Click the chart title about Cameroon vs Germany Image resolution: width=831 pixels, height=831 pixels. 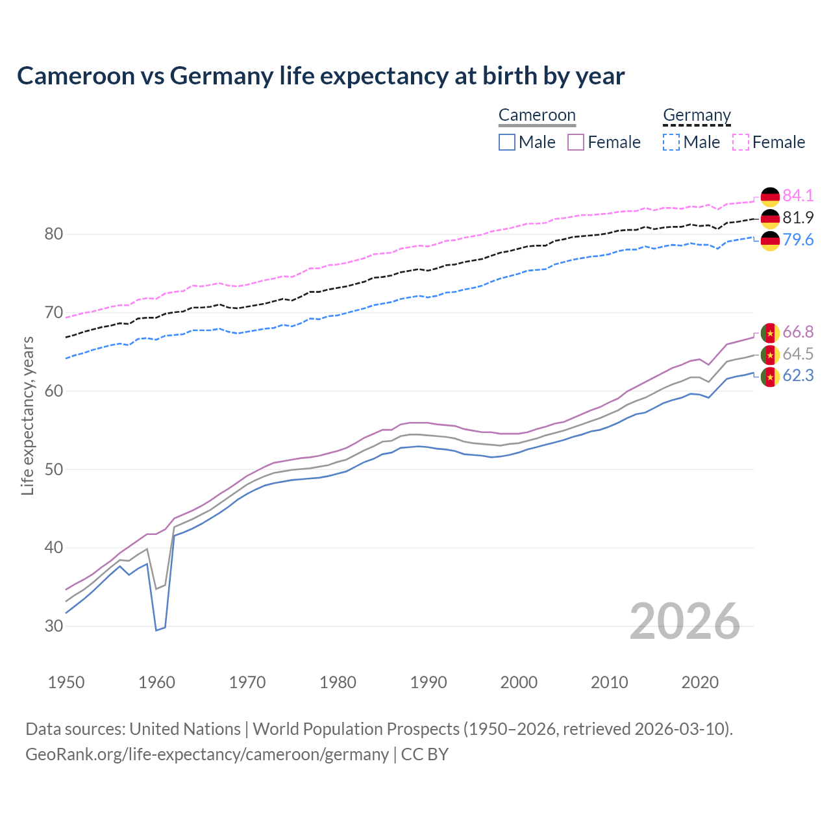tap(321, 76)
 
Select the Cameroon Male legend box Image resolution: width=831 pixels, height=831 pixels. tap(507, 142)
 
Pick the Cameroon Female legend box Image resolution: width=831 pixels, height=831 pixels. tap(576, 142)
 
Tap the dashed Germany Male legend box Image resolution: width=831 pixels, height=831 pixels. tap(671, 142)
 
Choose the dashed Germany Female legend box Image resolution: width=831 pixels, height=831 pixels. tap(741, 142)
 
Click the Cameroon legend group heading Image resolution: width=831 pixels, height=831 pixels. tap(537, 116)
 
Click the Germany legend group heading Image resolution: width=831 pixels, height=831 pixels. tap(697, 116)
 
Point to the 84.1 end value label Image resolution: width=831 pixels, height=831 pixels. tap(798, 195)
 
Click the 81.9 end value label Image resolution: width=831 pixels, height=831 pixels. tap(798, 217)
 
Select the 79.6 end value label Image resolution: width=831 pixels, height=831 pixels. tap(798, 240)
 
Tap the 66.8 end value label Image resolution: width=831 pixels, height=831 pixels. tap(798, 332)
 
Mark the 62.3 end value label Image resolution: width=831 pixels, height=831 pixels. tap(798, 376)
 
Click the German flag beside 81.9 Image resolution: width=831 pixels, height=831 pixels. tap(770, 218)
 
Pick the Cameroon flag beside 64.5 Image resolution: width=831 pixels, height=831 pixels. tap(770, 354)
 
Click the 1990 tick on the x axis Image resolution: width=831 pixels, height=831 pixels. tap(428, 682)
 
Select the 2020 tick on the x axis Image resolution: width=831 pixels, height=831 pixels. tap(700, 682)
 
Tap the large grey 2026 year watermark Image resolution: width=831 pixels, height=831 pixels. tap(684, 621)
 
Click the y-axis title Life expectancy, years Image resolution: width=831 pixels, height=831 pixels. tap(27, 415)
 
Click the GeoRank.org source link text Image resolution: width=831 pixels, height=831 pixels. tap(207, 754)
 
